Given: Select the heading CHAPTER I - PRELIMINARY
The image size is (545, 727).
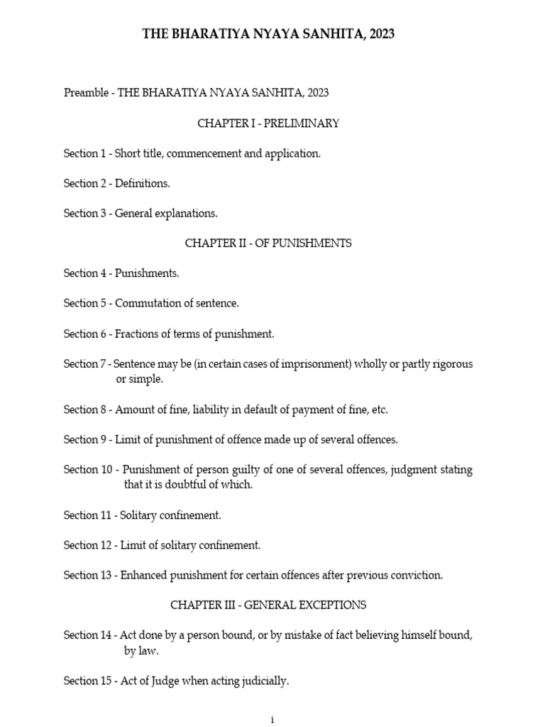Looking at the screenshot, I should click(x=268, y=124).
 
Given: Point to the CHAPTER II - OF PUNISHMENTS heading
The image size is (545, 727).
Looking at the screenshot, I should click(x=268, y=244).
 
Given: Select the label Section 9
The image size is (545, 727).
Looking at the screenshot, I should click(x=84, y=440).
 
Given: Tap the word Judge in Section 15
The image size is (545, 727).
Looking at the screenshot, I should click(x=155, y=682).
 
